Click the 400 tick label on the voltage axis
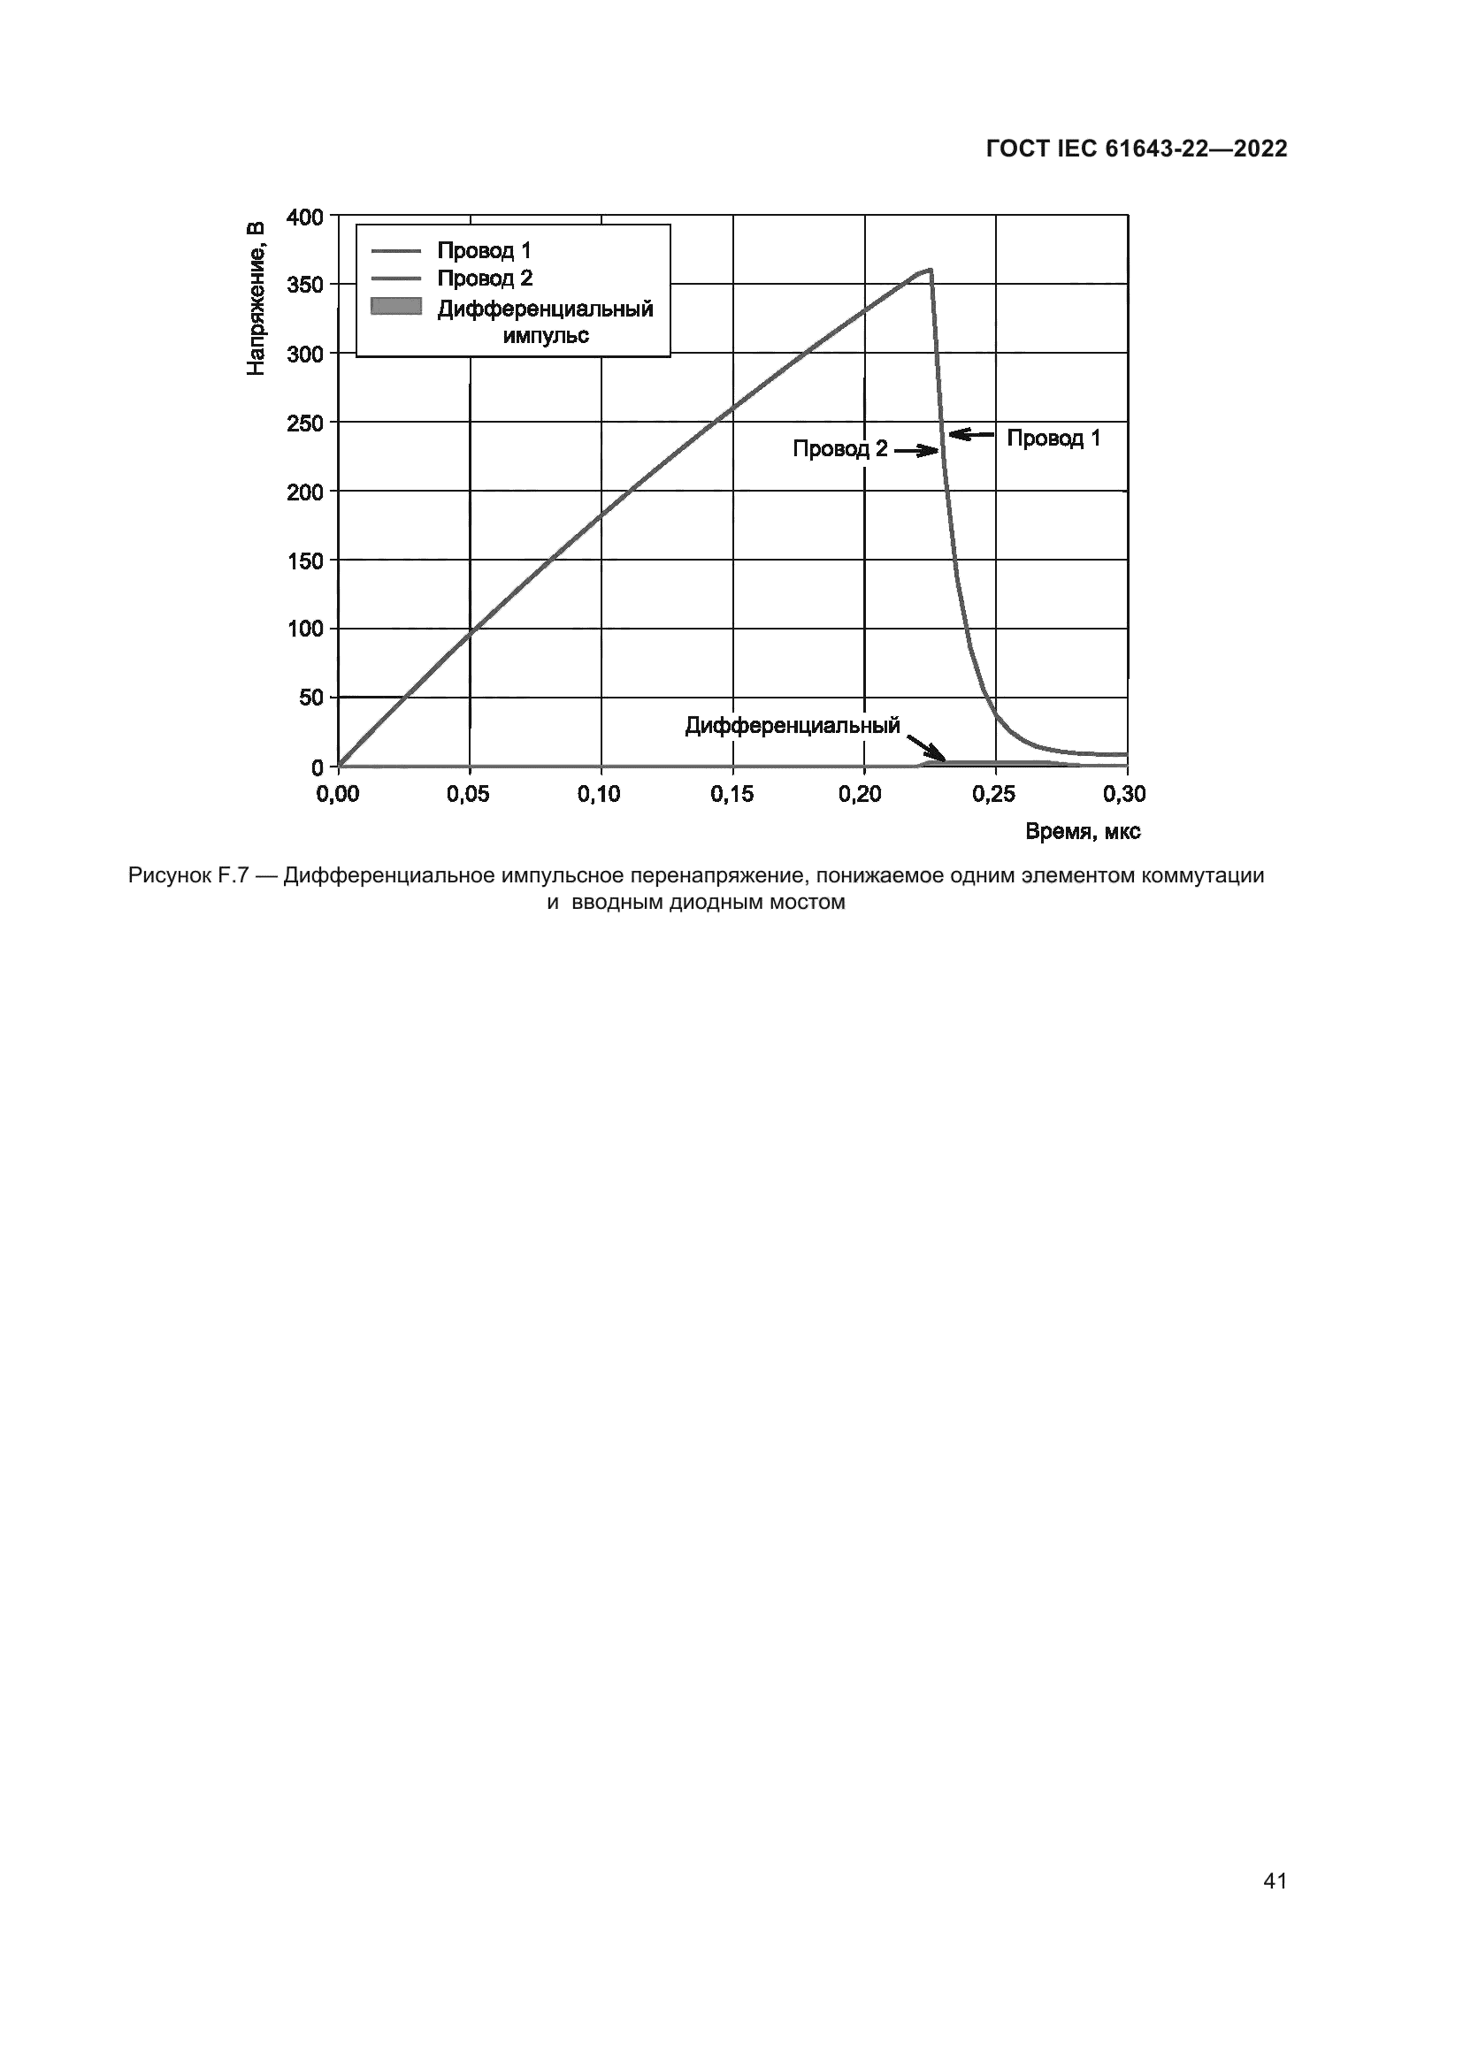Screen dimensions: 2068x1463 click(x=303, y=217)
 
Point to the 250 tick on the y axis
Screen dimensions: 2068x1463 click(x=303, y=423)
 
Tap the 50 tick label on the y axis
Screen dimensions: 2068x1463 click(x=309, y=697)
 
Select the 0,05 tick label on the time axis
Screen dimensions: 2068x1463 click(x=469, y=793)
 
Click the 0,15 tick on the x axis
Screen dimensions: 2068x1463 click(x=732, y=793)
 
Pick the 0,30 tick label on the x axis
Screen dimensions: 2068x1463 click(x=1125, y=793)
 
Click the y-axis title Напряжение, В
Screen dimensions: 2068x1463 click(x=256, y=297)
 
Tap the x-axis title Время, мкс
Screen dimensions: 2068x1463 click(x=1083, y=832)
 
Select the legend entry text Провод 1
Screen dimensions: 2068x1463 click(x=484, y=250)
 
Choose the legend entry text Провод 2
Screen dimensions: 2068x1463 click(x=485, y=278)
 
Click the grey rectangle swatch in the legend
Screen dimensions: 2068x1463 click(x=396, y=306)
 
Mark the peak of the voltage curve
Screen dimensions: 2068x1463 click(x=931, y=270)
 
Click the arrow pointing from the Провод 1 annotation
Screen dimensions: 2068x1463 click(x=971, y=436)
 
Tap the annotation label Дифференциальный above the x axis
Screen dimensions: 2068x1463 click(x=793, y=726)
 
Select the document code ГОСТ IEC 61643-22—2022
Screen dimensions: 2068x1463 click(x=1137, y=149)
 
